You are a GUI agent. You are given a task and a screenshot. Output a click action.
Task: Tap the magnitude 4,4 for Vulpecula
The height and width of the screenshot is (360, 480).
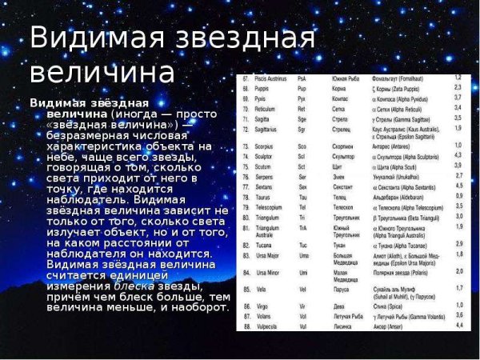tap(459, 326)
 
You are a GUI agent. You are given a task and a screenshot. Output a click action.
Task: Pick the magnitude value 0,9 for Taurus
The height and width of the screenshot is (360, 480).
tap(459, 195)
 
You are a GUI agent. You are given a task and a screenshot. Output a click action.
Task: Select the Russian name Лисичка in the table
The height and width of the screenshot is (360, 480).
tap(346, 326)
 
